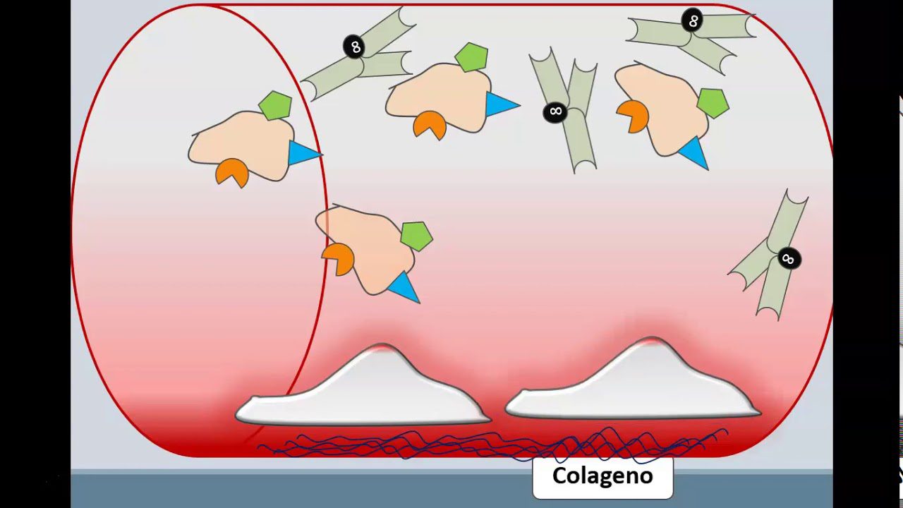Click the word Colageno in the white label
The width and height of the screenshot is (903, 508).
(x=602, y=476)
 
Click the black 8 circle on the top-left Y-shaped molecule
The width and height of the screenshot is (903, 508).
(x=354, y=47)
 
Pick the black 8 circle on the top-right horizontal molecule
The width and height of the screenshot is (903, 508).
(x=693, y=20)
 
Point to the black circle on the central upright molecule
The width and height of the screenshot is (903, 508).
(x=555, y=111)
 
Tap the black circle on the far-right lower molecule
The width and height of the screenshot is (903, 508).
(x=788, y=259)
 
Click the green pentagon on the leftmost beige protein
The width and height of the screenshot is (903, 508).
(x=275, y=106)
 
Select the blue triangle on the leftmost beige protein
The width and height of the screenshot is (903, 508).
(x=302, y=153)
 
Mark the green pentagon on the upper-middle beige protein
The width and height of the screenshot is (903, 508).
(x=471, y=57)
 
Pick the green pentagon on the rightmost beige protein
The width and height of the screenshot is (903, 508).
(x=713, y=103)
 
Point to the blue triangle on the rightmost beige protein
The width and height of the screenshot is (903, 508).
(x=693, y=152)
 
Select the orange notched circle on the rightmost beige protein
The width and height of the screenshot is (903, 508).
(x=633, y=116)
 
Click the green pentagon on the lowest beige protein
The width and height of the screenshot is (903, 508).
(x=416, y=236)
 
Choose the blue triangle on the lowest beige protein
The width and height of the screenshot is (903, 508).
(x=402, y=286)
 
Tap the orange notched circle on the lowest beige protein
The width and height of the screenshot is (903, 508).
(x=339, y=258)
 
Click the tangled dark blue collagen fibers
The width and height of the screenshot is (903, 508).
(x=494, y=445)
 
